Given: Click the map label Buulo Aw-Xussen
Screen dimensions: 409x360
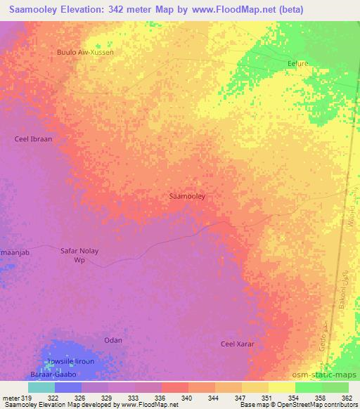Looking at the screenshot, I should pyautogui.click(x=85, y=52).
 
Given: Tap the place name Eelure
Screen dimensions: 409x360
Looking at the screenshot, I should pyautogui.click(x=300, y=63).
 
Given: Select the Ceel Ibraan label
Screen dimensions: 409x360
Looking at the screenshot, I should pyautogui.click(x=34, y=139).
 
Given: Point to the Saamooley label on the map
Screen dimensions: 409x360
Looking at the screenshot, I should pyautogui.click(x=188, y=197).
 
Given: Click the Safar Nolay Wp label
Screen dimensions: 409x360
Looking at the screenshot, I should pyautogui.click(x=79, y=255).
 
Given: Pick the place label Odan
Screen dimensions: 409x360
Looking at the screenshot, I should pyautogui.click(x=113, y=340).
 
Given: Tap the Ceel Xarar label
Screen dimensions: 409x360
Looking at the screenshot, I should pyautogui.click(x=238, y=344).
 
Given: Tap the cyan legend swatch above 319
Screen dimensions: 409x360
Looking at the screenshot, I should pyautogui.click(x=41, y=387).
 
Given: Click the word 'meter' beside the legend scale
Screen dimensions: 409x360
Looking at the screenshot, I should pyautogui.click(x=11, y=398).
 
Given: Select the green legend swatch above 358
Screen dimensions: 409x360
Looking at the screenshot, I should pyautogui.click(x=309, y=387).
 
